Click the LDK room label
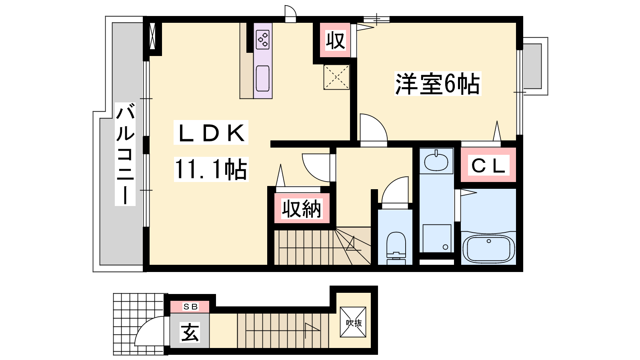[x=211, y=133]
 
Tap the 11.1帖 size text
[x=211, y=169]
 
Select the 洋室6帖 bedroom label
[x=438, y=84]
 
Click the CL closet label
[x=488, y=166]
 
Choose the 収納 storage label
[x=302, y=209]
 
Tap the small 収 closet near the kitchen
[x=336, y=40]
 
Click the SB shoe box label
[x=190, y=307]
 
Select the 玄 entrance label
[x=190, y=332]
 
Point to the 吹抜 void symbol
[x=354, y=323]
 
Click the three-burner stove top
[x=263, y=40]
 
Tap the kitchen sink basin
[x=263, y=78]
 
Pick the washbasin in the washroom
[x=436, y=161]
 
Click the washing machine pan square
[x=437, y=238]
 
